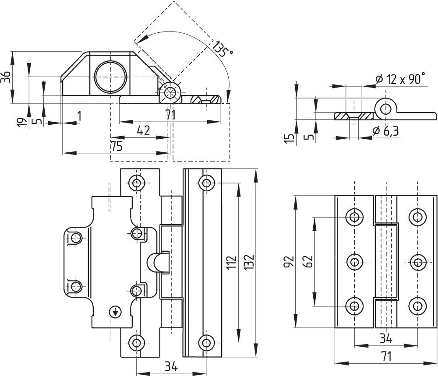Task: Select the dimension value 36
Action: pos(6,77)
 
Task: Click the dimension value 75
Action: pos(116,147)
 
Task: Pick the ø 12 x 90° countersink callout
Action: pos(400,79)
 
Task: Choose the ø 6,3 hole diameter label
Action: pos(385,131)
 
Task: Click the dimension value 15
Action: pos(289,138)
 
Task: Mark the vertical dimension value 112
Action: pos(232,262)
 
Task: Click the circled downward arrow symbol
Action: pos(115,312)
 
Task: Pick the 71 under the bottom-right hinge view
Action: pos(385,357)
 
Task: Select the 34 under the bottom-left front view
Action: pos(171,367)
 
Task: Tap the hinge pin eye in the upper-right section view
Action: pos(385,109)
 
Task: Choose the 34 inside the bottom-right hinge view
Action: pos(385,338)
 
